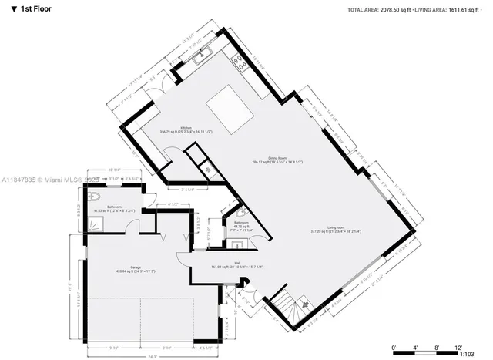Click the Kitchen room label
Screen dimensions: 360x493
point(186,128)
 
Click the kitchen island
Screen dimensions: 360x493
point(224,100)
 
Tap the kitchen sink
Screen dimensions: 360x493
point(205,54)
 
